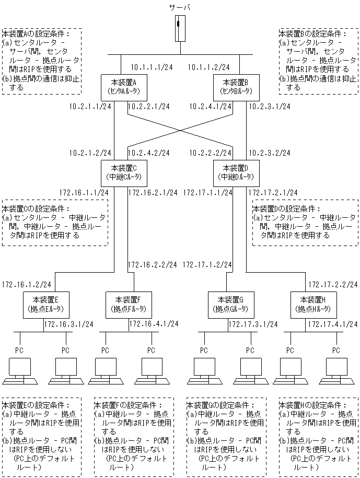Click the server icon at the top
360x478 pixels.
tap(180, 29)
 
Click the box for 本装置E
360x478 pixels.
tap(44, 304)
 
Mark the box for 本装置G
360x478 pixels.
tap(227, 304)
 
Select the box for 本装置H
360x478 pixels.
tap(312, 304)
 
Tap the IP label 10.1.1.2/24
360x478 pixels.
tap(208, 67)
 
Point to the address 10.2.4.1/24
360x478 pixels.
tap(207, 107)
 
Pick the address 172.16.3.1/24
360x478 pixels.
tap(68, 324)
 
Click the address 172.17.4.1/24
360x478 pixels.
tap(332, 324)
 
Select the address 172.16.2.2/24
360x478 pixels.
tap(152, 265)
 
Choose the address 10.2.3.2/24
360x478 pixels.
tap(269, 153)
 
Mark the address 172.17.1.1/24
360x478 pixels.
tap(207, 192)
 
